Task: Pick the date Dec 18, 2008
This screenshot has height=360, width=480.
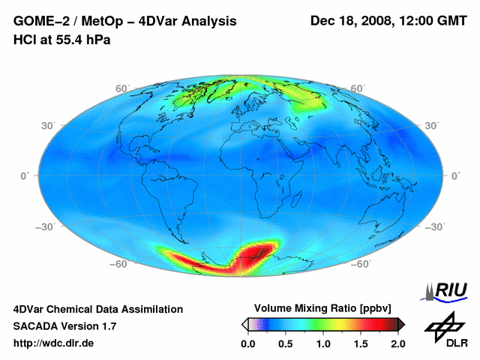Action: pos(350,21)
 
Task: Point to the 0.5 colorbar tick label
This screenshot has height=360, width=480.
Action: pos(286,343)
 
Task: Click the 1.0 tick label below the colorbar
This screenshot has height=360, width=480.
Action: pos(323,343)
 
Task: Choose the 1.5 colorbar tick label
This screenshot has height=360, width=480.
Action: pos(361,343)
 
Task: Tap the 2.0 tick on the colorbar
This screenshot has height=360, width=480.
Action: pos(398,343)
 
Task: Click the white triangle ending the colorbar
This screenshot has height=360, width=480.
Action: pos(244,324)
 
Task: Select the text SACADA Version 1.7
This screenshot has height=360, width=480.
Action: pos(64,326)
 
